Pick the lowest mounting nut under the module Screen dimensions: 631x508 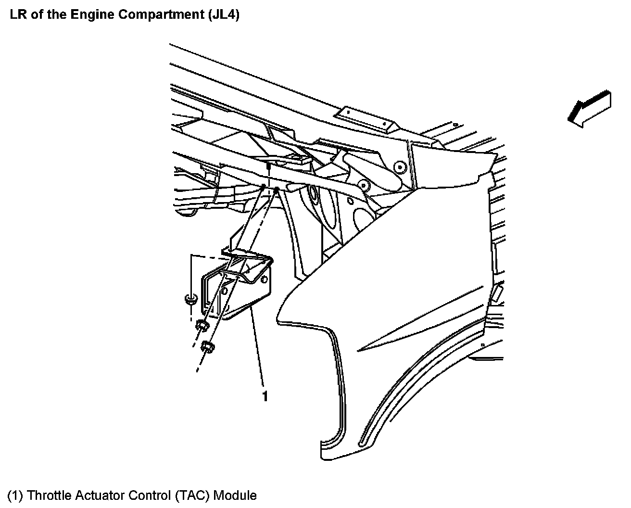tap(208, 346)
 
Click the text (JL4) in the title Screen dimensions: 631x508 tap(224, 14)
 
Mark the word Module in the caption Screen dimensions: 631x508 tap(235, 495)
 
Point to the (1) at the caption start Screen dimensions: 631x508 tap(15, 495)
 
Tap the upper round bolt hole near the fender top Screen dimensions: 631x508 tap(398, 166)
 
